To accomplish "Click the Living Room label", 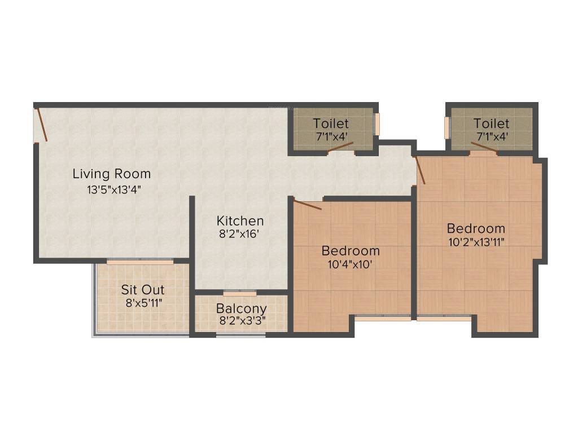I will (112, 174).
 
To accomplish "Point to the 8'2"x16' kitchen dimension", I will (239, 234).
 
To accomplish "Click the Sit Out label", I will (143, 290).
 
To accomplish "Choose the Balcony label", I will (242, 308).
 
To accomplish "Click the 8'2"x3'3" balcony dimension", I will (242, 321).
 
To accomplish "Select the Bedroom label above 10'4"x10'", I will (351, 250).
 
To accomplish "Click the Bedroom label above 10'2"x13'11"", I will (476, 228).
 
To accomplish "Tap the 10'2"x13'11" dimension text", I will (475, 242).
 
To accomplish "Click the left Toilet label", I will (331, 123).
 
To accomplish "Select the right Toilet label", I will (491, 123).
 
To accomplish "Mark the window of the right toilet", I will (446, 127).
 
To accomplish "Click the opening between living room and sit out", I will (140, 262).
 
